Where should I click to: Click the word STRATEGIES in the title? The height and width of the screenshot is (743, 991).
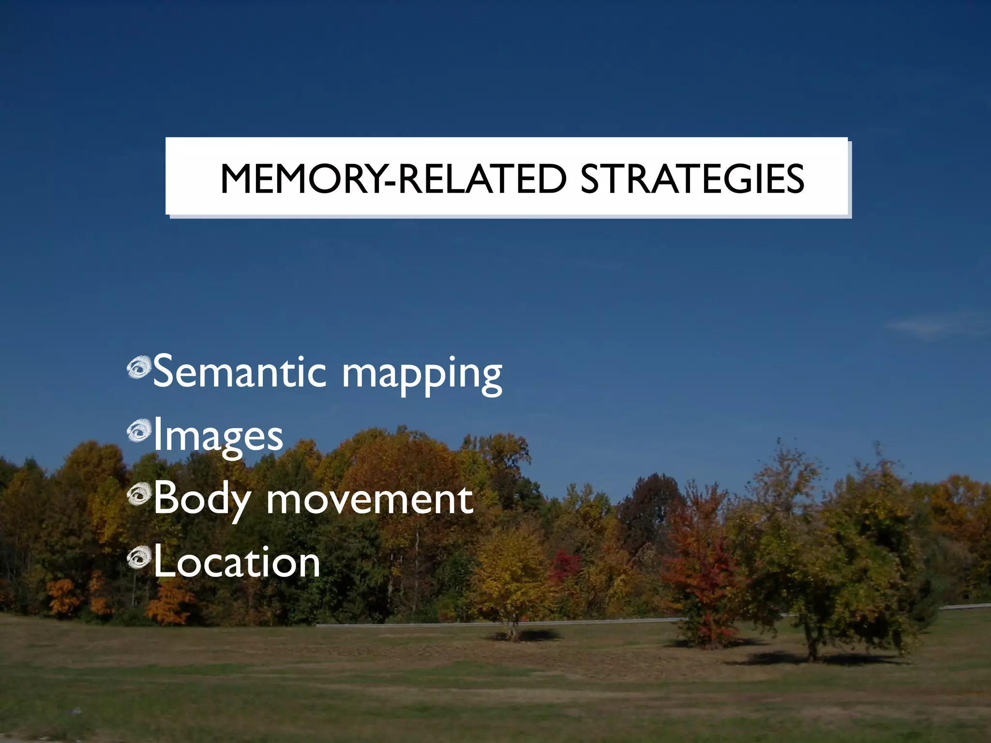point(692,179)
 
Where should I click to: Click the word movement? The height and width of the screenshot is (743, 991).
point(370,499)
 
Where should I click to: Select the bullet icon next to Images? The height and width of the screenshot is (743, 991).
point(139,430)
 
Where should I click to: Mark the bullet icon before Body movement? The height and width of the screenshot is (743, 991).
point(139,493)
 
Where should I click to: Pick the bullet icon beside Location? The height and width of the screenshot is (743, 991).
point(139,556)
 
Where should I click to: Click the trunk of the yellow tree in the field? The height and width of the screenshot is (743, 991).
point(514,629)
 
